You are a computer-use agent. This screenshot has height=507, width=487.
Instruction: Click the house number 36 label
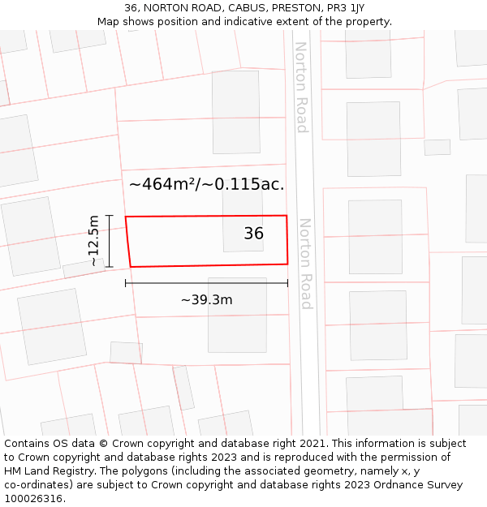[x=253, y=234]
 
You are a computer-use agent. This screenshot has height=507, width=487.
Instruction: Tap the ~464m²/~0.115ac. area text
[x=206, y=184]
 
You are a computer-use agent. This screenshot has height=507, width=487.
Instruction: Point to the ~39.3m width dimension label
[x=206, y=300]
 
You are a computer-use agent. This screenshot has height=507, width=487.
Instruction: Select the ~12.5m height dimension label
[x=94, y=241]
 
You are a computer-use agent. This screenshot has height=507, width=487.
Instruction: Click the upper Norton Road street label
[x=301, y=87]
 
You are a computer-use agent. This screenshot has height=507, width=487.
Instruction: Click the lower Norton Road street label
[x=306, y=263]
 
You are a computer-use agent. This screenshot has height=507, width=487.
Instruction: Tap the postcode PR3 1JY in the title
[x=345, y=8]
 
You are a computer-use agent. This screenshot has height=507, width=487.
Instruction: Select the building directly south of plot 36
[x=237, y=315]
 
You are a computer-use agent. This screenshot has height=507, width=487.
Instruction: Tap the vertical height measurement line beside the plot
[x=109, y=241]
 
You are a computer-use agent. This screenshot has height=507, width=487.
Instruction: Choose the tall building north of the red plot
[x=235, y=112]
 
